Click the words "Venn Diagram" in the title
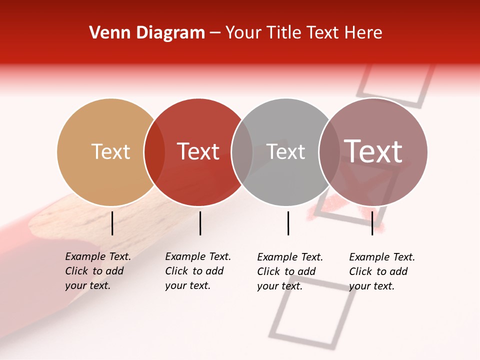coord(147,33)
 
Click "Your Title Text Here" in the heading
coord(303,33)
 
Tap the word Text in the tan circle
coord(110,151)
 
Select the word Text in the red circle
coord(198,151)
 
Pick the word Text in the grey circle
coord(285,151)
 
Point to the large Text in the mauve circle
coord(373,151)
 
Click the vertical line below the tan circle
coord(112,223)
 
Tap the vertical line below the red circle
coord(200,223)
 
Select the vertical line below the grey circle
coord(288,223)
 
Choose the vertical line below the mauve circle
coord(372,223)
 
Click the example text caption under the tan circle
coord(97,271)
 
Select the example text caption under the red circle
coord(197,271)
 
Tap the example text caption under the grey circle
coord(289,271)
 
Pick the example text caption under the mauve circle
coord(381,271)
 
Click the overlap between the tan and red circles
coord(154,152)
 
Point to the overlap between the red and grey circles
coord(242,152)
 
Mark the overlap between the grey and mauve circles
coord(329,152)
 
